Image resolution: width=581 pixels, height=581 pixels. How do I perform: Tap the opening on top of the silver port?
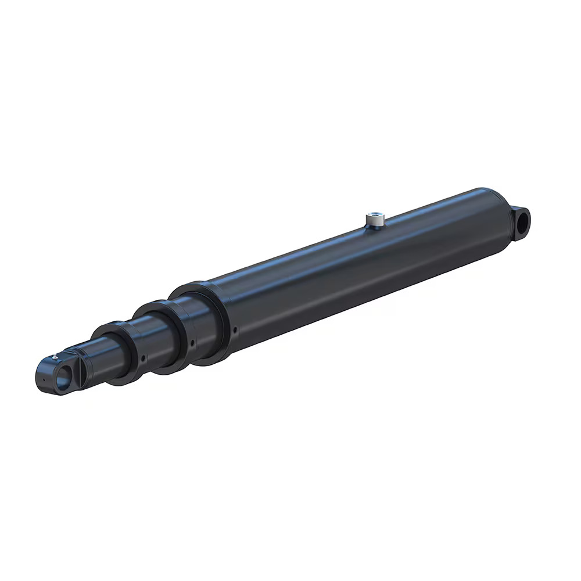coord(373,217)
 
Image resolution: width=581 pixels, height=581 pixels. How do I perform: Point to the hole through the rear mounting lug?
coord(524,220)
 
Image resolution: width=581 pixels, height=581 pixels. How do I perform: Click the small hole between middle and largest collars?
coord(191,343)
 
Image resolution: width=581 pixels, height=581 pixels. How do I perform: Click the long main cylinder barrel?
coord(349,267)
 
